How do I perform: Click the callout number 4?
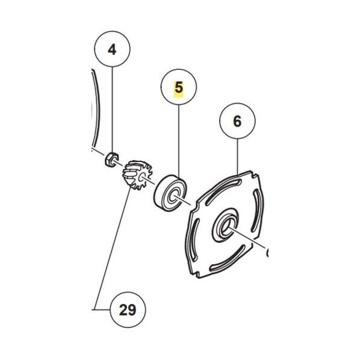coord(112,49)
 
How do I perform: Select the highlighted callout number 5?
coord(179,88)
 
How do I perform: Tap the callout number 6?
coord(237,121)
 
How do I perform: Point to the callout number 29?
coord(128,310)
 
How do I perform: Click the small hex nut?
coord(111,159)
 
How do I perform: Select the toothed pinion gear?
coord(137,175)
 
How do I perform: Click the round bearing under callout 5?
coord(170,193)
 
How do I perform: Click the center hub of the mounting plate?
coord(226,226)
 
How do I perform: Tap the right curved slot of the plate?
coord(255,212)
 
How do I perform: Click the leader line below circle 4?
coord(112,110)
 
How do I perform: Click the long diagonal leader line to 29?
coord(113,248)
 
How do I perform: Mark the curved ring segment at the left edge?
coord(96,108)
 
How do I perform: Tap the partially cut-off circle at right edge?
coord(267,253)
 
